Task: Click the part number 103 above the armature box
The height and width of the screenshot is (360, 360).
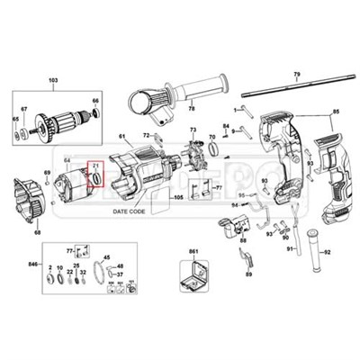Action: pos(53,81)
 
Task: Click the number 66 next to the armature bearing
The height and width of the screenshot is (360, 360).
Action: pos(95,101)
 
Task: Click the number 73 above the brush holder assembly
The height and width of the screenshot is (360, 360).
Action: pos(192,130)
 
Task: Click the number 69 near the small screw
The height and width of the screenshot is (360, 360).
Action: pos(47,171)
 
